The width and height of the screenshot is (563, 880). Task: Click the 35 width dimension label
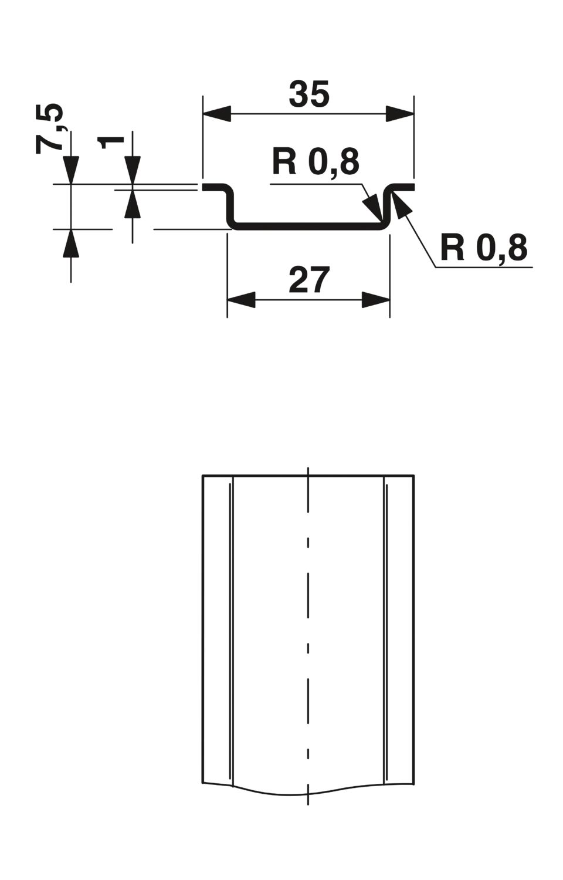309,95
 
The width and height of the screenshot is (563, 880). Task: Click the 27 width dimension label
309,280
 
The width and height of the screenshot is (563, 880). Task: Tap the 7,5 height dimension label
49,128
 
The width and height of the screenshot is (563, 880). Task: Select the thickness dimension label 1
113,141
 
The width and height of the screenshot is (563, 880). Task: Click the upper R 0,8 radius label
316,161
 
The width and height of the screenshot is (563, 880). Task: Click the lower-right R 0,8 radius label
483,248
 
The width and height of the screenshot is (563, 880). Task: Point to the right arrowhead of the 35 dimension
401,114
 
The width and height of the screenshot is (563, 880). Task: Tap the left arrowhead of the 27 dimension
241,300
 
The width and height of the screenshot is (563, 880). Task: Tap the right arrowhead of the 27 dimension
376,300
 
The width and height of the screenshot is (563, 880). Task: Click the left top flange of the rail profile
214,187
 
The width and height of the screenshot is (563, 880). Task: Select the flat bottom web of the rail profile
309,226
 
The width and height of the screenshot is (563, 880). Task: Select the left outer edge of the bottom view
203,628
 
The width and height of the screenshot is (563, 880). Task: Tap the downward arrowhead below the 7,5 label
71,170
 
